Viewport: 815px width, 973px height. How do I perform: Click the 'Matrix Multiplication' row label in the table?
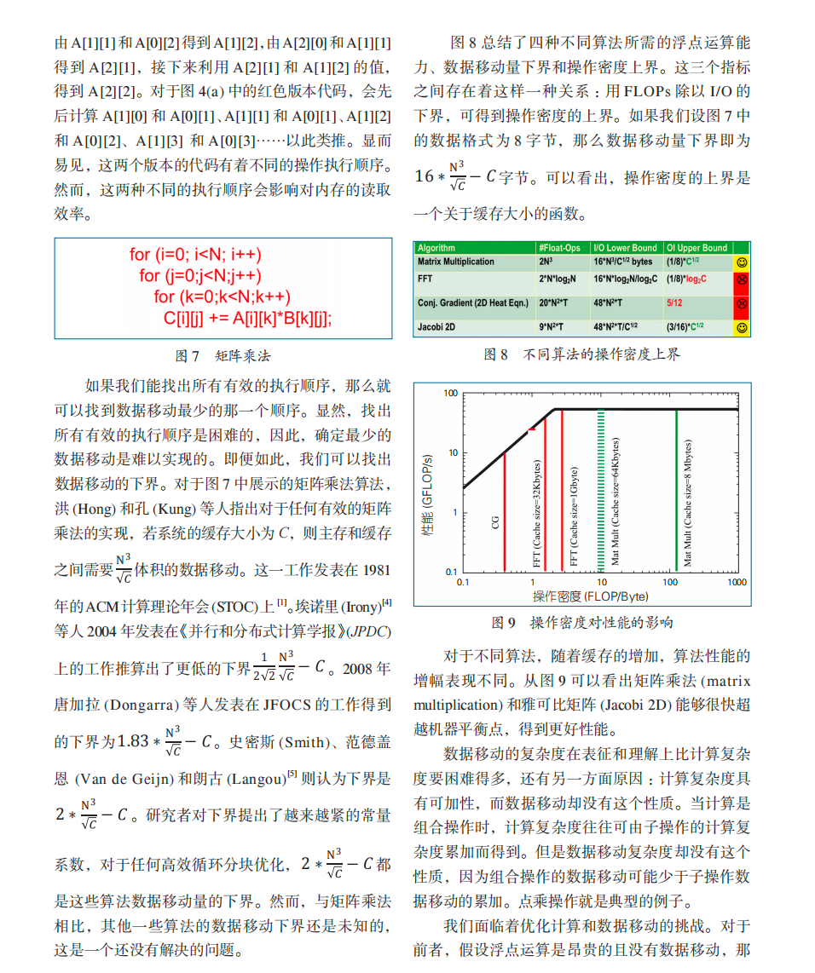455,262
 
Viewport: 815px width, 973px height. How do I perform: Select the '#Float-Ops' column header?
559,248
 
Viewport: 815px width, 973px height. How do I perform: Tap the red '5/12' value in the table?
674,302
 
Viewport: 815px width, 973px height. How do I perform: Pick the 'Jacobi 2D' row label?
437,326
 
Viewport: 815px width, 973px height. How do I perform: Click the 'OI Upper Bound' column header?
697,248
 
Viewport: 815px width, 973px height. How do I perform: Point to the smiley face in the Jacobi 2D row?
741,326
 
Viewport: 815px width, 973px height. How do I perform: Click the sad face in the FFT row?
741,279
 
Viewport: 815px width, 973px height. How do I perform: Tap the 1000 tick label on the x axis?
737,582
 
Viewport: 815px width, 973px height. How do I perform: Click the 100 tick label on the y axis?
450,394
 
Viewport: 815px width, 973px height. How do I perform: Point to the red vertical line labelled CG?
505,511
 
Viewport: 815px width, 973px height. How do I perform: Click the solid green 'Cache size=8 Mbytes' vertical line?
676,490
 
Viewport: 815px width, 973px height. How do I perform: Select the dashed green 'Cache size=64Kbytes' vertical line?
602,490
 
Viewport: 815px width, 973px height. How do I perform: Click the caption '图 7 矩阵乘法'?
223,355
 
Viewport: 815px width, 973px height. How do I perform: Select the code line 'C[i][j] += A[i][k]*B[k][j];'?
247,318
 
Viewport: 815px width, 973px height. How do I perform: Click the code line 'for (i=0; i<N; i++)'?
195,254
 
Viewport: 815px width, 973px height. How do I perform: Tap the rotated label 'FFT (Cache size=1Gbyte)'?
575,516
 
